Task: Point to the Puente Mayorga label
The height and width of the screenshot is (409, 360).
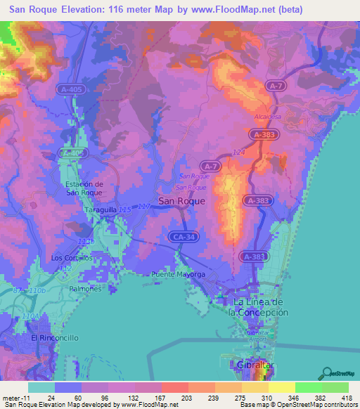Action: [176, 274]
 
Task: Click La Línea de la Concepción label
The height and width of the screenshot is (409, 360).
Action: [260, 307]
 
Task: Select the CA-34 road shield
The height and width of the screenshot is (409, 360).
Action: [183, 238]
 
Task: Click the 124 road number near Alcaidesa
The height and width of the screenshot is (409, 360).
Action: [238, 151]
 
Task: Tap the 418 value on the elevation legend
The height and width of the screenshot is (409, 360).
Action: [347, 396]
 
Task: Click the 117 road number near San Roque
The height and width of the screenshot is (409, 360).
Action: [145, 206]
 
